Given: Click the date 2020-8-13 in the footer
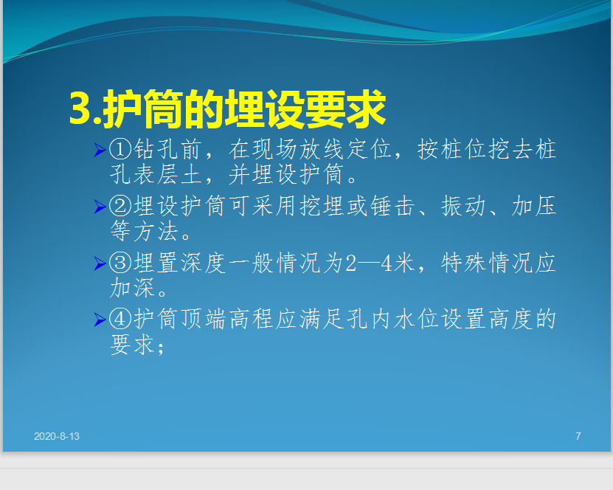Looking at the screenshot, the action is [57, 436].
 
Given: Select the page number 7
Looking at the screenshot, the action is [578, 436].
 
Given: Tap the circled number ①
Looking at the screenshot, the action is [120, 149].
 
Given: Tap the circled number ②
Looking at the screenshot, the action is [120, 206].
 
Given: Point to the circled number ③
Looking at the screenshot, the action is [120, 263].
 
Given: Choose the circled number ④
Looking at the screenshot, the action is [120, 319].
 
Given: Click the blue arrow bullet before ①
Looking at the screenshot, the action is [100, 150].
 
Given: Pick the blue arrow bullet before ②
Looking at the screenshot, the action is [100, 207].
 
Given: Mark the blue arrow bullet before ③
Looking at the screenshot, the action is [100, 263].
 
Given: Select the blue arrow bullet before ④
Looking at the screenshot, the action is [100, 320].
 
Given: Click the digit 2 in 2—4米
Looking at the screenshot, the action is [350, 263].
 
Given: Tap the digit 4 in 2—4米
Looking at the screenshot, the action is [387, 263].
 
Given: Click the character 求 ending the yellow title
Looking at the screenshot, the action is [367, 108].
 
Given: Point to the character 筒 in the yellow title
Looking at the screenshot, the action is [164, 108].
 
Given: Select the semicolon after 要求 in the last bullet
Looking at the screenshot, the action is [160, 348].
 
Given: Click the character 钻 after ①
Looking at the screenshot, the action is [145, 149].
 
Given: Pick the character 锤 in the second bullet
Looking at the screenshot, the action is [381, 206].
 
